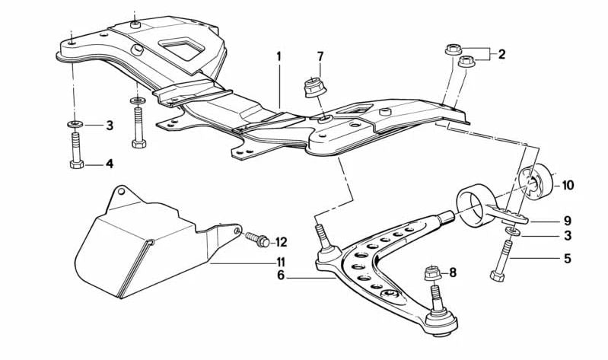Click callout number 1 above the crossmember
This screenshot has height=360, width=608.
coord(279,56)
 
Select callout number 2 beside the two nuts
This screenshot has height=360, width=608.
coord(501,54)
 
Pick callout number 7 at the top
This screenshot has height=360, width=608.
coord(320,56)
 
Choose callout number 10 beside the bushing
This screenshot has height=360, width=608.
coord(568,185)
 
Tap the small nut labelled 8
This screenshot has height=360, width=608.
coord(430,272)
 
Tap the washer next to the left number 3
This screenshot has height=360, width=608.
coord(76,124)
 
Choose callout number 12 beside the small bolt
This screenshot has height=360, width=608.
coord(281,242)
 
